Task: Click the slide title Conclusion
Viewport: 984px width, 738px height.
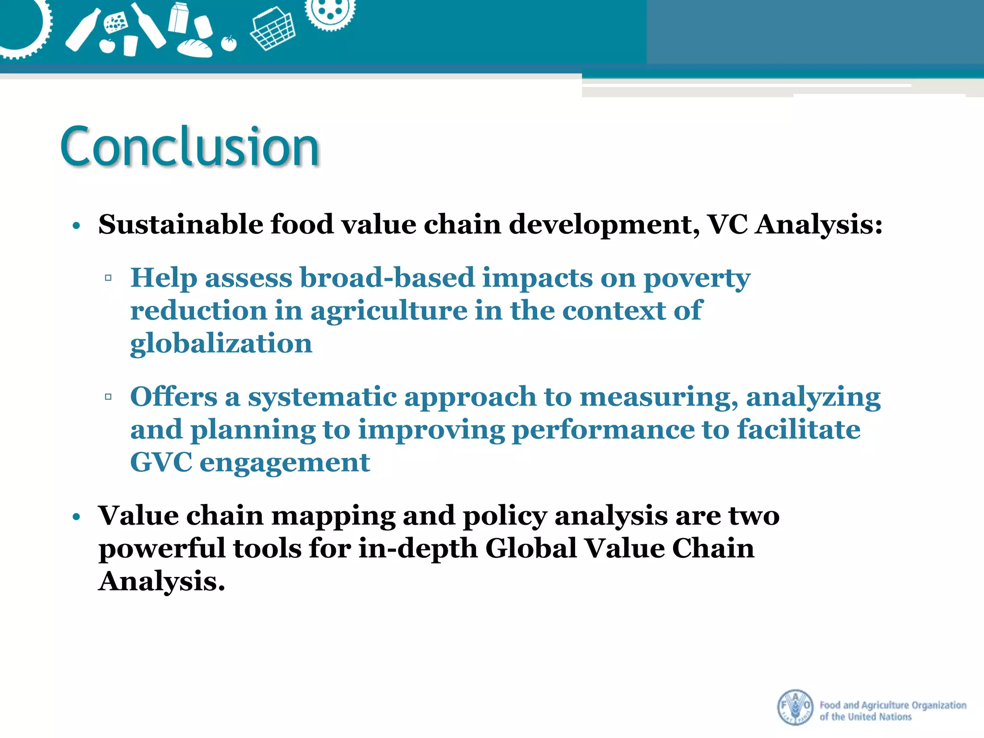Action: (190, 147)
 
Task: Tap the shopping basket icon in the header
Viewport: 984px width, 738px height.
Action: (272, 30)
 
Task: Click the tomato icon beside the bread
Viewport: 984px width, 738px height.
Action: (229, 43)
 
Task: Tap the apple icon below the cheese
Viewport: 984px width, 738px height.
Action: (107, 46)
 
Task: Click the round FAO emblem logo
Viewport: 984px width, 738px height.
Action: (795, 707)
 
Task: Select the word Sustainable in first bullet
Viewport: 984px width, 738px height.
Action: (181, 224)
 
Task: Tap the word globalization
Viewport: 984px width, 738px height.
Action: (221, 344)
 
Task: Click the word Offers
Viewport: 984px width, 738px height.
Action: (173, 397)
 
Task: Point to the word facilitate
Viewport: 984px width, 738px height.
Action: (799, 430)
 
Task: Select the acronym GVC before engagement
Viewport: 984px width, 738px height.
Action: (161, 462)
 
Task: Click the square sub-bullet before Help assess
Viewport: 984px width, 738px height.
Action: (108, 278)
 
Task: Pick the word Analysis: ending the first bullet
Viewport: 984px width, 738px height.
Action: (819, 224)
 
